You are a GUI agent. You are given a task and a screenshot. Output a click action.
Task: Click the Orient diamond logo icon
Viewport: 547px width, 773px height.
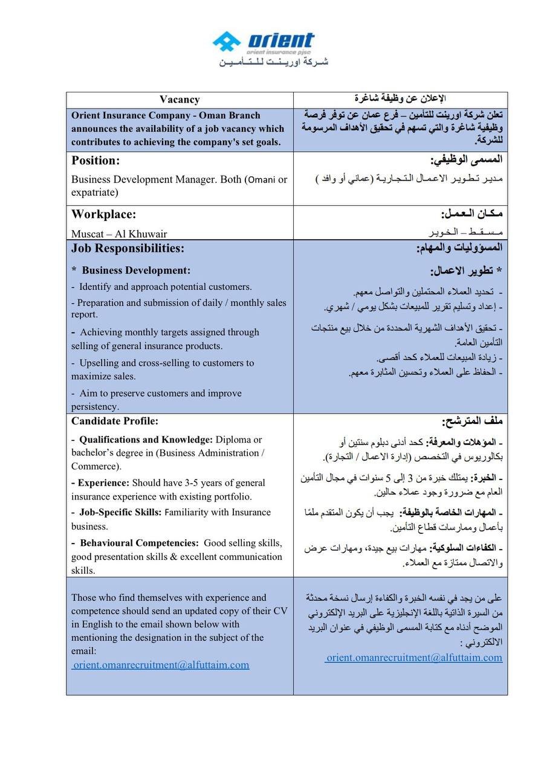click(226, 42)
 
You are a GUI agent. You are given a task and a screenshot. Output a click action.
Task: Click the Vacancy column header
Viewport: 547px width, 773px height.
click(180, 100)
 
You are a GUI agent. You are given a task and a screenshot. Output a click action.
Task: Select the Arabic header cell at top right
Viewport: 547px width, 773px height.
click(400, 98)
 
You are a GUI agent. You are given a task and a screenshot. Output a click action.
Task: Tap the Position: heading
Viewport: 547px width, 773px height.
click(95, 161)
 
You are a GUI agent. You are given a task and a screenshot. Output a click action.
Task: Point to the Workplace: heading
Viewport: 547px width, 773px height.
click(103, 214)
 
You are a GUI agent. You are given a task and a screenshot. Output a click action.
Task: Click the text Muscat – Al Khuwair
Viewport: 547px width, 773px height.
click(119, 234)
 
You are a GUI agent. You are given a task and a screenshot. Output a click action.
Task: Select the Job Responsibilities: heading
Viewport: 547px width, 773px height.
click(128, 248)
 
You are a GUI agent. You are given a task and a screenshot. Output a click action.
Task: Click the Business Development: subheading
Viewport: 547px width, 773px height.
click(135, 271)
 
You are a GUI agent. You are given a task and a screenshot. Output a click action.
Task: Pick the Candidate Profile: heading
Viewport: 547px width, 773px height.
click(115, 421)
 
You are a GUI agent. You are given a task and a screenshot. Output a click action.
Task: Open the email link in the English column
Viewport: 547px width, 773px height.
click(160, 665)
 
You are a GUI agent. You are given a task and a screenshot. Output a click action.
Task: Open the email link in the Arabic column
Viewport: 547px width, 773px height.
click(413, 657)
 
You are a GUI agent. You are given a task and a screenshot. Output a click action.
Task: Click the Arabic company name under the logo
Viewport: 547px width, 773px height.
click(273, 62)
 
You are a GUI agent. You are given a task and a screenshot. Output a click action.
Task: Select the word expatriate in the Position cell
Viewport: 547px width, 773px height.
click(94, 193)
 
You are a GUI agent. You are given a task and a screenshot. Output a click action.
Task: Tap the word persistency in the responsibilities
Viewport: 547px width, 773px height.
click(95, 406)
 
